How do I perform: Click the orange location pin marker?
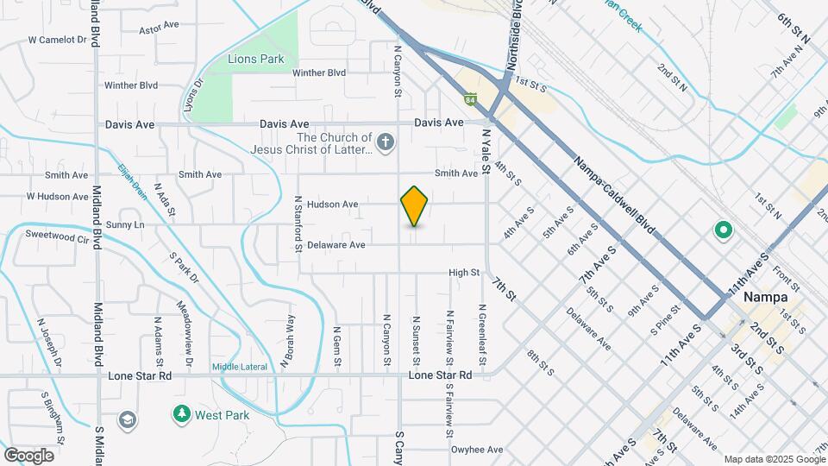(x=415, y=206)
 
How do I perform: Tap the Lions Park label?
(x=244, y=60)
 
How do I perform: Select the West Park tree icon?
(x=182, y=415)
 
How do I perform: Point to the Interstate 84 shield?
(x=469, y=99)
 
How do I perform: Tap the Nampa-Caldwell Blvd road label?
(x=615, y=196)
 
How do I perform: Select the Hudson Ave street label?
(x=332, y=205)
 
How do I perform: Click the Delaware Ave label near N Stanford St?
(x=336, y=245)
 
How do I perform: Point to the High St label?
(x=464, y=273)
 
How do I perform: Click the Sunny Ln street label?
(x=126, y=224)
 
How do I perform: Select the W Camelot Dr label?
(x=58, y=40)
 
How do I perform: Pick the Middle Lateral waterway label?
(x=239, y=367)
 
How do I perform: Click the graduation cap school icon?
(x=128, y=419)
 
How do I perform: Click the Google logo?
(x=28, y=455)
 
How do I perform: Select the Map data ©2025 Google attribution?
(x=773, y=459)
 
